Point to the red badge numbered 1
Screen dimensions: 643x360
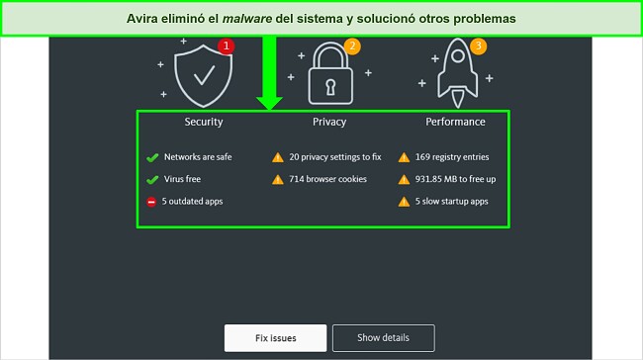pos(226,45)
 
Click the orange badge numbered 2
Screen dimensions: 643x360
pos(351,45)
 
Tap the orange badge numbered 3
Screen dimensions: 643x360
pos(479,45)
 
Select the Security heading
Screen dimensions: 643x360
pos(204,122)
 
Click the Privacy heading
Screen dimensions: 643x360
pos(328,122)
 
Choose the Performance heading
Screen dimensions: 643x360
pos(455,122)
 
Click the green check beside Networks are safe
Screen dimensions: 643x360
pos(152,156)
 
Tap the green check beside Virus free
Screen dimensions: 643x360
pos(152,179)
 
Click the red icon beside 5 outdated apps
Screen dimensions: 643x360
pos(152,202)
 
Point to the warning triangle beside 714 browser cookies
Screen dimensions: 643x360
pos(278,179)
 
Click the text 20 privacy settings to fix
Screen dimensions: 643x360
pos(335,156)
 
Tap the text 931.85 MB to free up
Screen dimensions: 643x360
pos(456,179)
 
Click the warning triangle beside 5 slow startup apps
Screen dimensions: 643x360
pos(404,202)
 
